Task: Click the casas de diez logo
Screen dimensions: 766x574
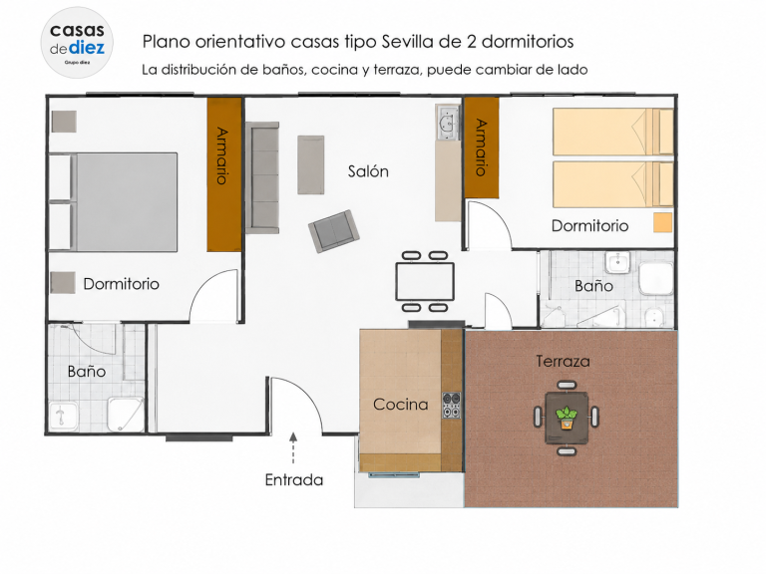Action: pos(77,42)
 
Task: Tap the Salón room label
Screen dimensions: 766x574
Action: pos(368,171)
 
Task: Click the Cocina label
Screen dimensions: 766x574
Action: pos(400,405)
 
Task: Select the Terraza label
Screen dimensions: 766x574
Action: pos(563,361)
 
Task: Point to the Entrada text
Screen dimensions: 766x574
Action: pos(293,479)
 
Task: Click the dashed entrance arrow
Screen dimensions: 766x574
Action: pos(293,447)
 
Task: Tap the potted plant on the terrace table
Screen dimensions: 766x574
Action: pos(567,418)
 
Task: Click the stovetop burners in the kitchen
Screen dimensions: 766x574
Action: pos(452,406)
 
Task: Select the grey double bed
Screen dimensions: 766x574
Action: pos(114,202)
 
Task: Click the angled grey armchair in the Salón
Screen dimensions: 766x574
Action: pos(334,231)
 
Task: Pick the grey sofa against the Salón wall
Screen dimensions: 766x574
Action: pos(262,177)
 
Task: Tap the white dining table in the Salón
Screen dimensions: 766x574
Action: pos(425,282)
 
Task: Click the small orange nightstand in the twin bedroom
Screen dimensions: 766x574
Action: pos(663,222)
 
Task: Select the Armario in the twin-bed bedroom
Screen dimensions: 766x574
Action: pos(481,147)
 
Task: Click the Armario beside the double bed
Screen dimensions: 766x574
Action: pos(224,174)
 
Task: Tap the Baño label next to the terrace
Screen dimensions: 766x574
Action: pos(593,286)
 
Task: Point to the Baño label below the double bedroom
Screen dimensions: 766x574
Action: pos(87,372)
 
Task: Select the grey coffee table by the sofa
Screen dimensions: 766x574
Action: pos(311,165)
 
